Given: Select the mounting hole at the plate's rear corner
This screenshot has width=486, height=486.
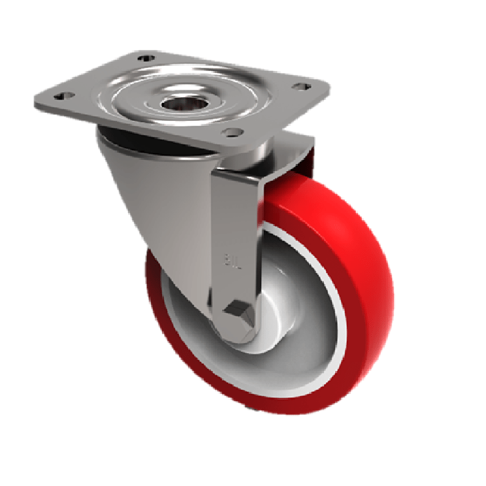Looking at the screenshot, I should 145,58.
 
